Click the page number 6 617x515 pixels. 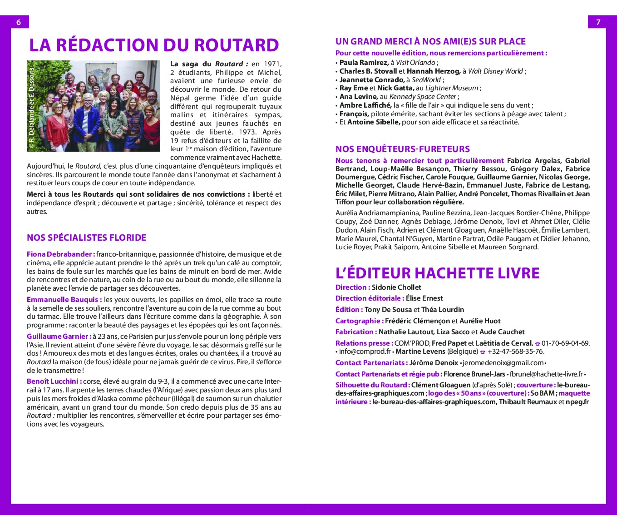point(19,22)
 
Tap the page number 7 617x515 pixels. point(598,22)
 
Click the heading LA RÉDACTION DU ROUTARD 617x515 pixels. point(154,45)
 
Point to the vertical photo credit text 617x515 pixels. point(31,108)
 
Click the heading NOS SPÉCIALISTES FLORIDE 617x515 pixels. point(86,238)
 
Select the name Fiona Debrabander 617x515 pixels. point(60,254)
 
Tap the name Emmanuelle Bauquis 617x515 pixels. point(63,300)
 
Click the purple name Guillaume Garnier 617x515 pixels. point(58,337)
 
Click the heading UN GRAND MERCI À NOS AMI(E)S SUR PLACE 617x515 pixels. point(430,41)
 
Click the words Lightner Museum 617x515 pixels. point(451,88)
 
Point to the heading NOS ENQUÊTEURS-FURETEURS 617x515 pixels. point(402,149)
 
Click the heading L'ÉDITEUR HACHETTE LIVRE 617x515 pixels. point(437,273)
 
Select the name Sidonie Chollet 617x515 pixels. point(396,287)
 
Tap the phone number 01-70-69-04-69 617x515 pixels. point(565,343)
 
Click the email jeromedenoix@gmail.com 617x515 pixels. point(503,363)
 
